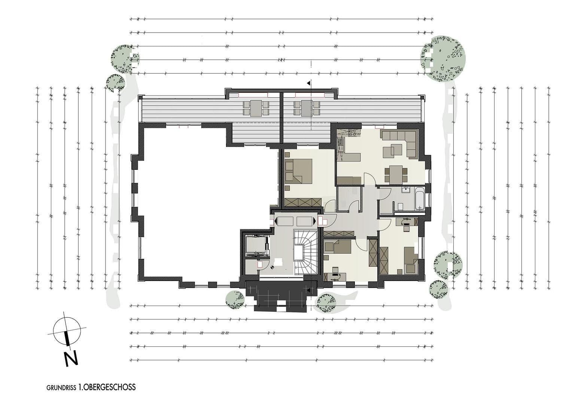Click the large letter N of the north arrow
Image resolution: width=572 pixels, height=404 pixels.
coord(71,358)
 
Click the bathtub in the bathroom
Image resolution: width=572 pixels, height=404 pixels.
coord(420,199)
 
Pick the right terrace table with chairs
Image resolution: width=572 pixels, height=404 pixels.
coord(307,108)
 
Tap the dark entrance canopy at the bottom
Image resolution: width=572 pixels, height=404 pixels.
coord(281,296)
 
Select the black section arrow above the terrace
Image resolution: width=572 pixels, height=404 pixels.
coord(308,83)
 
